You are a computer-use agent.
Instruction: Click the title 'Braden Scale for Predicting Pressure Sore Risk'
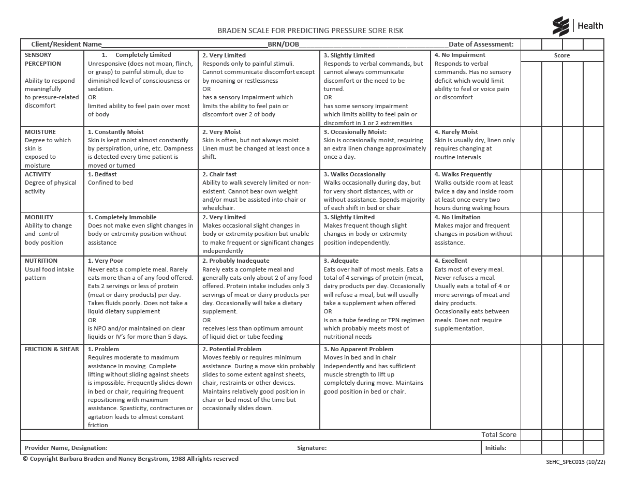click(x=310, y=31)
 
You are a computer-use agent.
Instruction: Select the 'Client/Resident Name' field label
click(x=66, y=44)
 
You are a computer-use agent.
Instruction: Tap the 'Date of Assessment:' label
click(x=481, y=44)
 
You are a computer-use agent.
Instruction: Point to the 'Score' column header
click(x=562, y=55)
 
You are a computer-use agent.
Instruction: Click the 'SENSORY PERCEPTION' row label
click(x=43, y=59)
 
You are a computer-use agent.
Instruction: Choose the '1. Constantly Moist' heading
click(x=116, y=132)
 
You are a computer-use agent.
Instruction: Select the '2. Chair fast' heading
click(x=219, y=174)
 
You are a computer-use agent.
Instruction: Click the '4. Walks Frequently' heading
click(x=463, y=174)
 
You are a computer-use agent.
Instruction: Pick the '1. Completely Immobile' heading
click(x=122, y=217)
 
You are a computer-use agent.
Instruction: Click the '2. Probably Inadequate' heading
click(x=236, y=261)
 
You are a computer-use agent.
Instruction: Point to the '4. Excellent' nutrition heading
click(x=451, y=261)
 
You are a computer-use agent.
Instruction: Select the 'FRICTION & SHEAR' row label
click(x=52, y=349)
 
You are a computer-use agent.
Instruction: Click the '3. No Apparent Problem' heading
click(x=359, y=349)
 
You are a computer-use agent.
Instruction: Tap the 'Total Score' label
click(x=499, y=435)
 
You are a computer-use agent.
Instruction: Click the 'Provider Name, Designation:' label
click(x=66, y=448)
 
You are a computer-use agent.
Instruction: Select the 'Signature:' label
click(x=312, y=448)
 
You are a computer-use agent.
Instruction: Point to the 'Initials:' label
click(x=496, y=448)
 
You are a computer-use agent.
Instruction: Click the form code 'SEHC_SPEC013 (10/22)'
click(x=575, y=462)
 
